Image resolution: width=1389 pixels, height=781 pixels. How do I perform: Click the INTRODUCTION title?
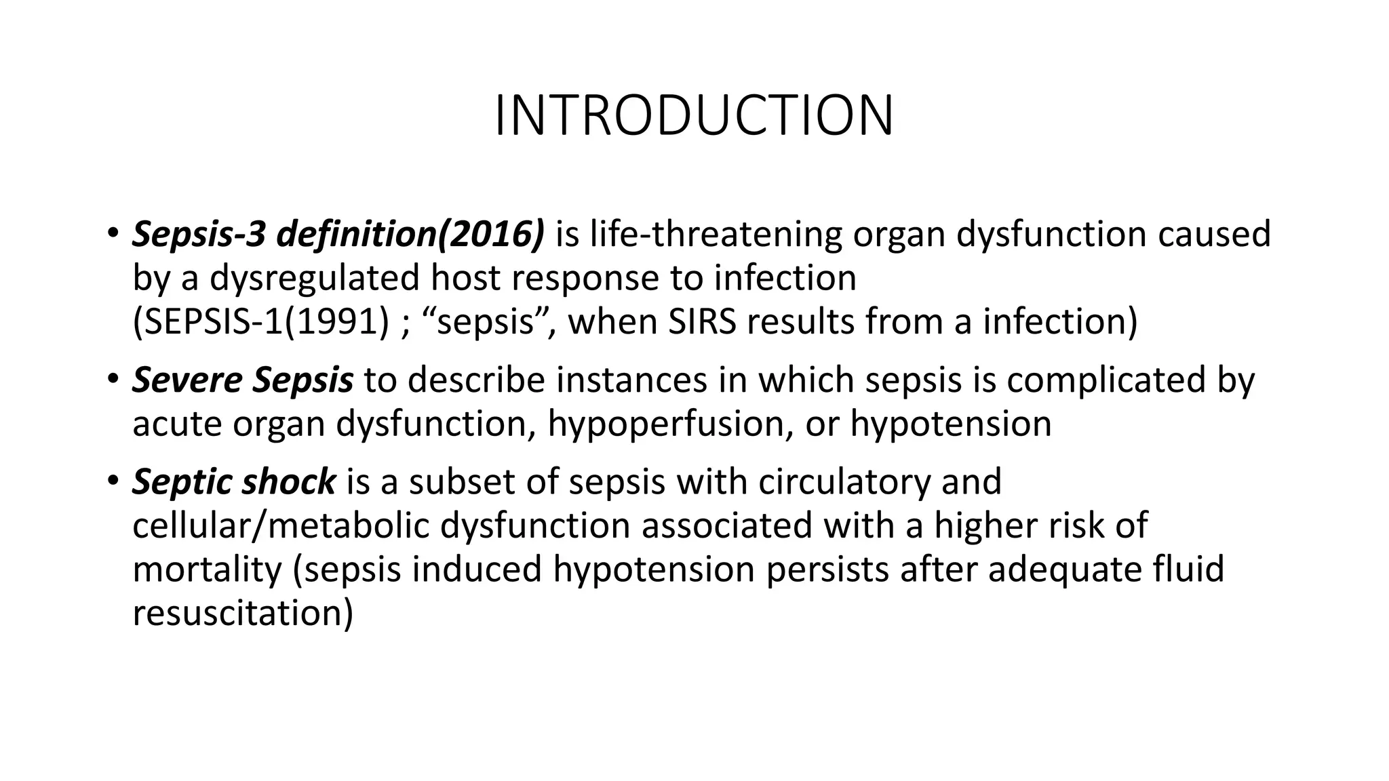point(694,116)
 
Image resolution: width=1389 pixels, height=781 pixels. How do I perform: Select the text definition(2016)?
point(410,235)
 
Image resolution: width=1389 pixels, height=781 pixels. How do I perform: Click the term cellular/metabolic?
point(281,526)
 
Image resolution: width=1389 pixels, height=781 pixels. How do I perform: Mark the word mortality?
point(206,569)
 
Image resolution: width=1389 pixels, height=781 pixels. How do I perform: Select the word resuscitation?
point(242,613)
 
